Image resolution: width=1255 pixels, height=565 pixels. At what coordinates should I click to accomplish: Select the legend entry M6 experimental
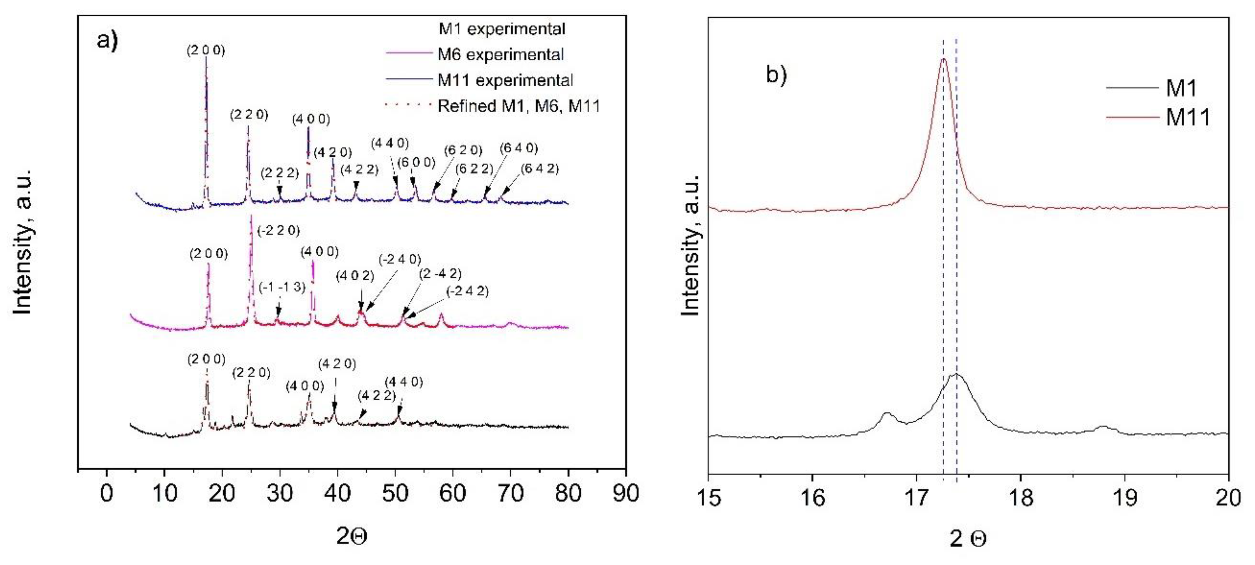click(x=500, y=55)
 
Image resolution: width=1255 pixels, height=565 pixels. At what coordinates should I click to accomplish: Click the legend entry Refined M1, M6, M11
click(x=518, y=106)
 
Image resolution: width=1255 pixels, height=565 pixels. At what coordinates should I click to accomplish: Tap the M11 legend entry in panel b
click(x=1187, y=117)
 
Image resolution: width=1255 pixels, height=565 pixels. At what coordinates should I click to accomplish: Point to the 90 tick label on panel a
click(x=625, y=494)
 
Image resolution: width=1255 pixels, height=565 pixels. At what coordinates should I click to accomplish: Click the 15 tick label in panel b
click(x=708, y=498)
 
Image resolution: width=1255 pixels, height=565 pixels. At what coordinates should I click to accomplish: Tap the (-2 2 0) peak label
click(x=278, y=230)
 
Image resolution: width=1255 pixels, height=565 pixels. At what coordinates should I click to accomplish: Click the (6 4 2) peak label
click(x=539, y=169)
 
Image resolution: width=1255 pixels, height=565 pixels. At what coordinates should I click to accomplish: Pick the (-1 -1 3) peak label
click(x=282, y=287)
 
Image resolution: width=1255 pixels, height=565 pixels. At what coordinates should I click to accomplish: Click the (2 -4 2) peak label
click(x=440, y=274)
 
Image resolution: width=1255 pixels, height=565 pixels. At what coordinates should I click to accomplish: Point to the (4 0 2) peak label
click(x=355, y=276)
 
